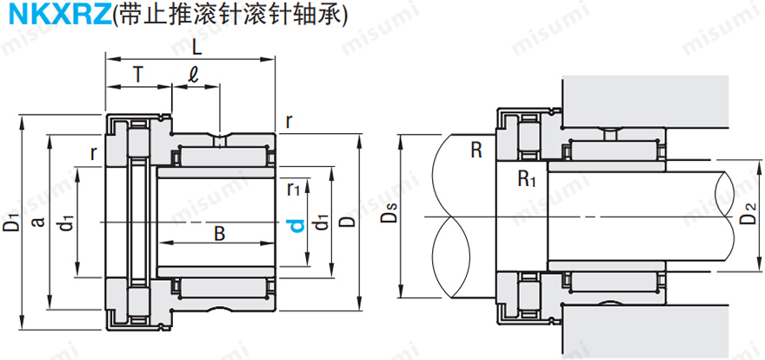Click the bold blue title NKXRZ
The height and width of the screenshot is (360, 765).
click(55, 16)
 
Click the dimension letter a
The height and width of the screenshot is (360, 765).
click(37, 221)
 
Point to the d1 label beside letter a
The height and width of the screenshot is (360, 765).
click(67, 224)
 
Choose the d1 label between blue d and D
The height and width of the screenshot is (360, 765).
click(323, 224)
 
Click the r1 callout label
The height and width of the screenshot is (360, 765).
click(294, 186)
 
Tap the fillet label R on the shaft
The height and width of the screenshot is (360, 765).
click(476, 150)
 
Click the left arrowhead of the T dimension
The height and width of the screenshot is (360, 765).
click(109, 87)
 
